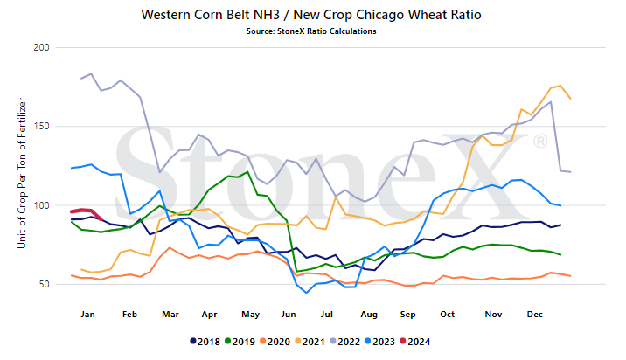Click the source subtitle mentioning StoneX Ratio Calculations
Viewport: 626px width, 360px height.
(x=311, y=31)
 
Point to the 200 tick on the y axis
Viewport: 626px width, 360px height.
(x=41, y=47)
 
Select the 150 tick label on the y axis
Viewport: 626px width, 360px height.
(x=41, y=127)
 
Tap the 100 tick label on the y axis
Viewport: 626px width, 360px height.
(x=41, y=205)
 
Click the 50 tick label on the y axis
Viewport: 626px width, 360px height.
(x=45, y=284)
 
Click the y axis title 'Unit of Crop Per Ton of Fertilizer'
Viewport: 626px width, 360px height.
(x=22, y=173)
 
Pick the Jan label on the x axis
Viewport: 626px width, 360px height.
(x=87, y=315)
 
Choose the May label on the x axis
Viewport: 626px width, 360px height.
(x=250, y=315)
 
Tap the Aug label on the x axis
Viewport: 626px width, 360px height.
(x=369, y=315)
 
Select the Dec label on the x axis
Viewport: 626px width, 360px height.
(x=534, y=315)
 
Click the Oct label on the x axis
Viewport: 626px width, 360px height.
(x=447, y=315)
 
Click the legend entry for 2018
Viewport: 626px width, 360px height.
(x=205, y=342)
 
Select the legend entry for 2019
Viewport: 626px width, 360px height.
(x=240, y=342)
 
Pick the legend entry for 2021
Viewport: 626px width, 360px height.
(x=310, y=342)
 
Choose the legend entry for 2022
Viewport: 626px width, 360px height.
(x=345, y=342)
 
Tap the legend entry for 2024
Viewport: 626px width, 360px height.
(x=415, y=342)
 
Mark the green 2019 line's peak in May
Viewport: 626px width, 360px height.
(x=247, y=172)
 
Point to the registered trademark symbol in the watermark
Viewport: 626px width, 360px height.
(x=540, y=142)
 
